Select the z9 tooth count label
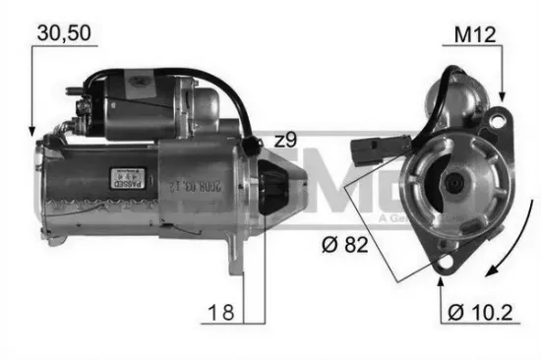tap(284, 141)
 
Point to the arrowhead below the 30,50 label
tap(31, 130)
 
